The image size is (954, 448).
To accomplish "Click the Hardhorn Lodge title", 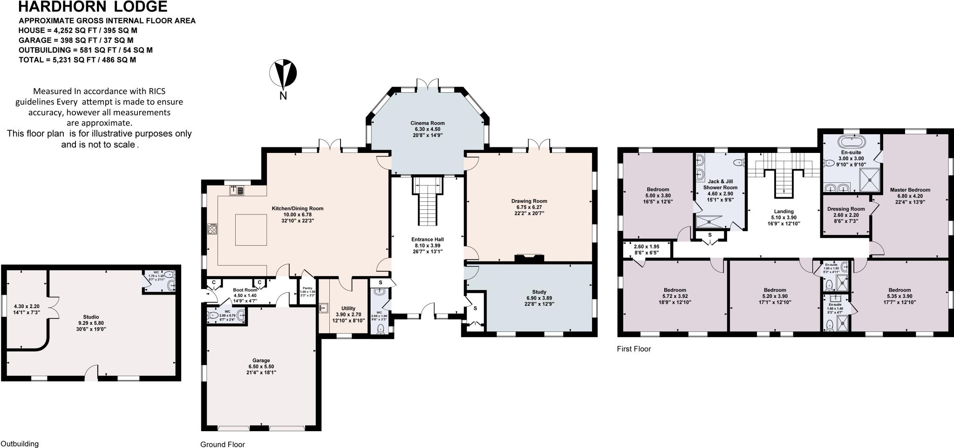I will tap(92, 7).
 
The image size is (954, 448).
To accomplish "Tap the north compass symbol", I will tap(283, 74).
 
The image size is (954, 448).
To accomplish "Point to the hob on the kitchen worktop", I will tap(212, 229).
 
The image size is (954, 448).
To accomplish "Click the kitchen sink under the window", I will tap(237, 190).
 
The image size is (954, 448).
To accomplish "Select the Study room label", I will tap(539, 292).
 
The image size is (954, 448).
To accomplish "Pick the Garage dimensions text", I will tap(261, 367).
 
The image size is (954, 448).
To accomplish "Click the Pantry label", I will tap(307, 288).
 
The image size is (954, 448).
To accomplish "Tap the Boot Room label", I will tap(245, 290).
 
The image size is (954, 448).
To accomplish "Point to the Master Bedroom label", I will tap(910, 190).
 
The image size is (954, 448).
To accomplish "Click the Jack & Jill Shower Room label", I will tap(720, 184).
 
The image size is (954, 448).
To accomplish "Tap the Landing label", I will tap(784, 211).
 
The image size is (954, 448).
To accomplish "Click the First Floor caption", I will tap(634, 349).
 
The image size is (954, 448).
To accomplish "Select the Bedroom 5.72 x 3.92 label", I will tap(675, 290).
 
